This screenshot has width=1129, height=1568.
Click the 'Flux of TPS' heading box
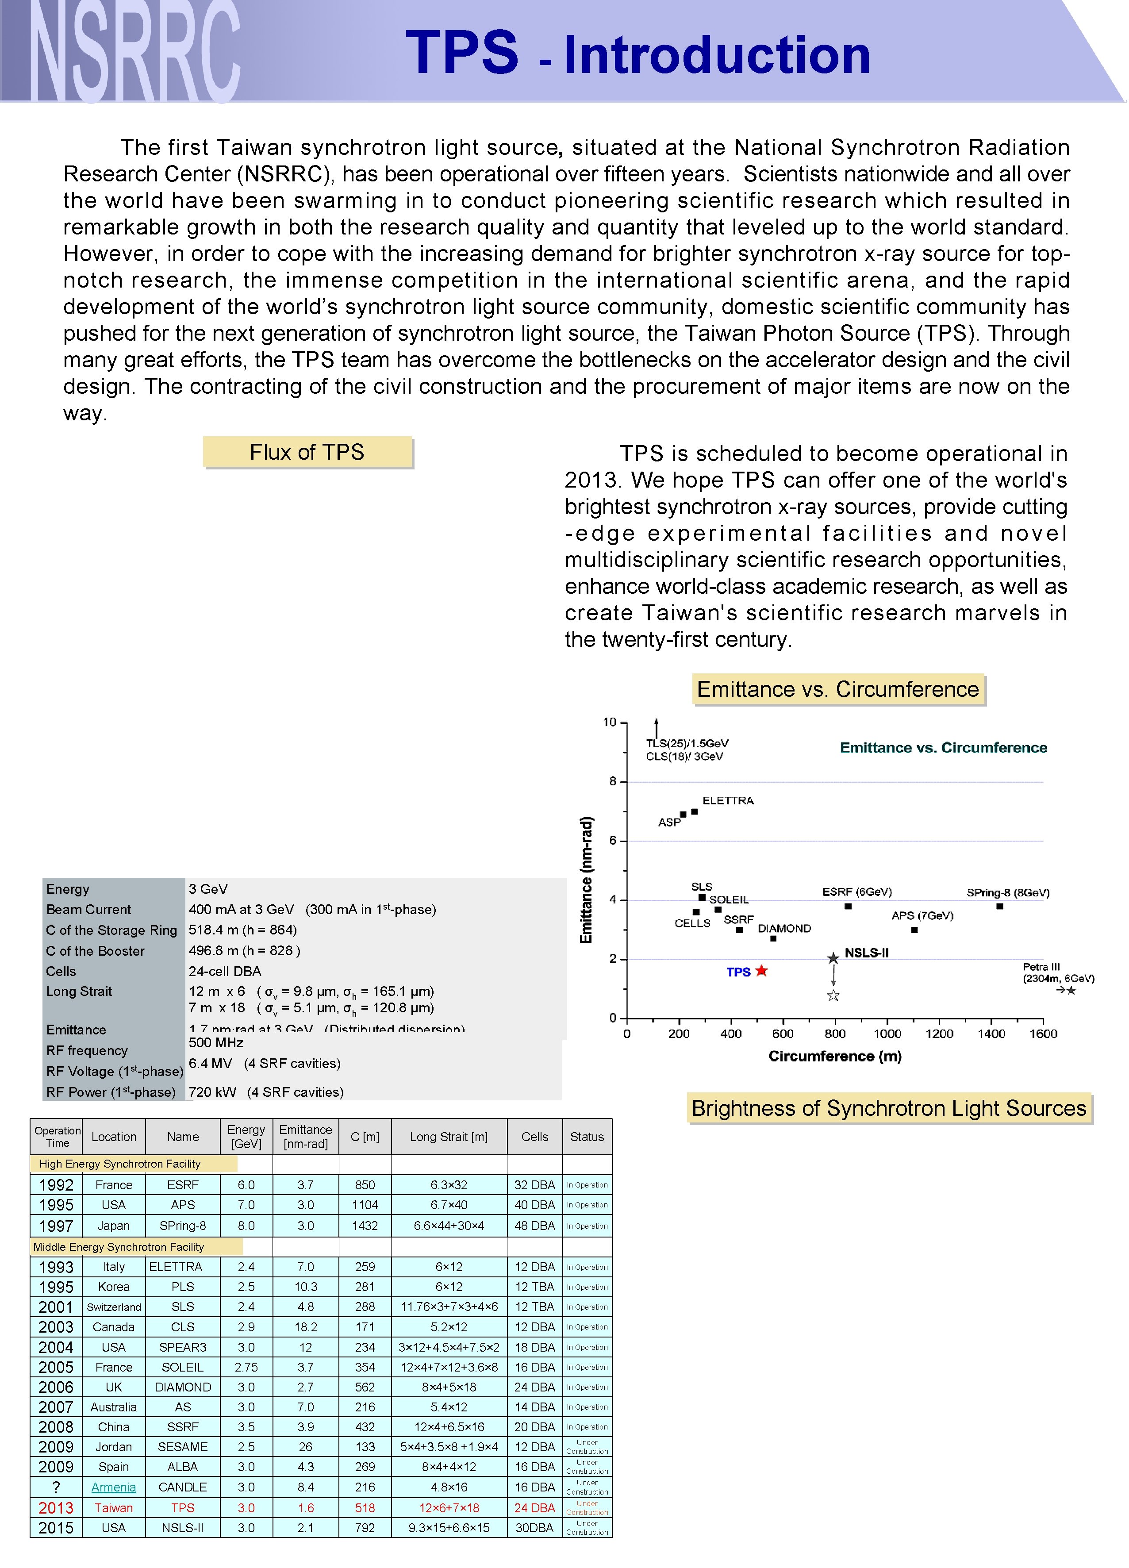point(307,452)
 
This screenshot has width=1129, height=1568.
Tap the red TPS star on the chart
point(761,971)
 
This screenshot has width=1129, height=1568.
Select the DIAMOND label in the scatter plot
point(784,928)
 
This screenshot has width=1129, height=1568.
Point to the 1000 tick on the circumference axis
point(887,1034)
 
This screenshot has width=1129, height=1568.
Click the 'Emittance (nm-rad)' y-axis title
point(586,880)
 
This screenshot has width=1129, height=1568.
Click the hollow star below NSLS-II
point(833,995)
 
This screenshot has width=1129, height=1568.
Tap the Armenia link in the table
point(113,1487)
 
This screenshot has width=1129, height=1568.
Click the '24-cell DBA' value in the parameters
point(225,971)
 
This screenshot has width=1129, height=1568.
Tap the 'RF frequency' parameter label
point(87,1051)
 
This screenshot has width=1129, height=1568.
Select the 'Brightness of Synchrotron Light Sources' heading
point(889,1108)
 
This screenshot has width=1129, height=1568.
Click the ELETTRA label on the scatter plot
point(728,801)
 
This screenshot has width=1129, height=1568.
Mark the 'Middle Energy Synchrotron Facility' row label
point(119,1246)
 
